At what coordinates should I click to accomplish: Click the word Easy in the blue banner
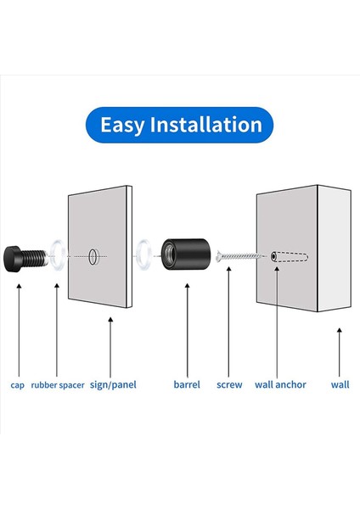pos(121,125)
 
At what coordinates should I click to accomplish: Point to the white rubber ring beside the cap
pos(58,254)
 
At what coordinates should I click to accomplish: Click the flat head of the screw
pos(222,254)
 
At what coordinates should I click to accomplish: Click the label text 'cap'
pos(17,384)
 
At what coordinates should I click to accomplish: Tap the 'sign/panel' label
pos(112,384)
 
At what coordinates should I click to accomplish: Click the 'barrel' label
pos(186,384)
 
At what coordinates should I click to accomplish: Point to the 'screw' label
pos(229,384)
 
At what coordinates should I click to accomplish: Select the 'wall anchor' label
pos(280,384)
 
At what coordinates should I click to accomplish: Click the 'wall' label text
pos(340,384)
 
